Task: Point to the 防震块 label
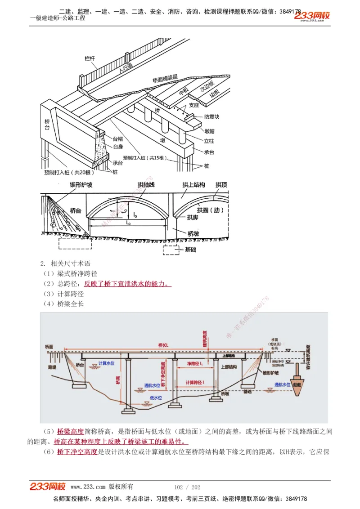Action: coord(211,117)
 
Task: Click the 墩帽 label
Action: coord(209,131)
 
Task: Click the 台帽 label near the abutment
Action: coord(117,139)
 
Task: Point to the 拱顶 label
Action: coord(221,185)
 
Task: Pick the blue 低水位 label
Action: coord(156,397)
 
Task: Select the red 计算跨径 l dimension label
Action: coord(194,382)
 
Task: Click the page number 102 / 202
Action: coord(187,487)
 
